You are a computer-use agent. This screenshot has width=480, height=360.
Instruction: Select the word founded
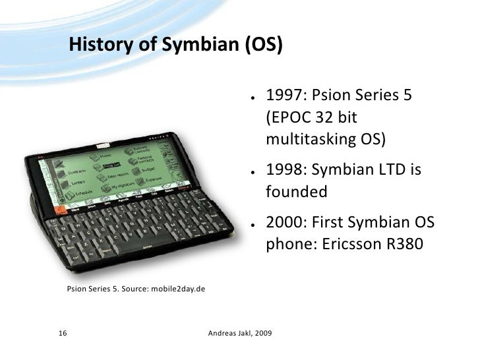297,193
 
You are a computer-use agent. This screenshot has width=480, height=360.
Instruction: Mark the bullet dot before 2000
253,225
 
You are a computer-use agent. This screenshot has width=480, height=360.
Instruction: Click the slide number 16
63,334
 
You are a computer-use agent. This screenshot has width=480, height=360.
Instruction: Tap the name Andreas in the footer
222,334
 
